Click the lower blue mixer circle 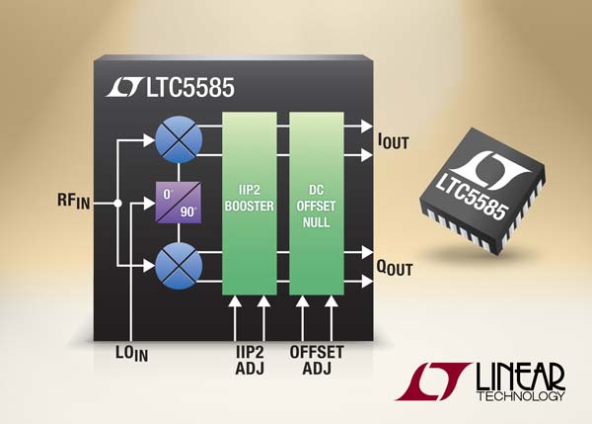(178, 266)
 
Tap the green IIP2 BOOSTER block (249, 203)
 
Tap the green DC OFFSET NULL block (317, 203)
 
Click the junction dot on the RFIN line (118, 204)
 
